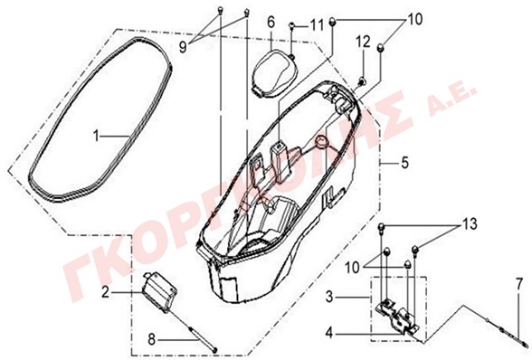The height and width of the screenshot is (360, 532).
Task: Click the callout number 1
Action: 97,137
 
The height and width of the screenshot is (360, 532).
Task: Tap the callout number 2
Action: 106,292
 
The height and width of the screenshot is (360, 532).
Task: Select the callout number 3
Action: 329,297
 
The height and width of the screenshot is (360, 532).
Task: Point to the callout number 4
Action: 329,333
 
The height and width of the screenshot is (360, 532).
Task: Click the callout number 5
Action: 405,163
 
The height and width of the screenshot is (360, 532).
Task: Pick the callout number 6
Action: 271,23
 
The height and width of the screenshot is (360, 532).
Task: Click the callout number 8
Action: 152,339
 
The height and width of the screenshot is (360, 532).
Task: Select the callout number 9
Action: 183,48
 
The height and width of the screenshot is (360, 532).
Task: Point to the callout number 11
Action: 317,25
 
